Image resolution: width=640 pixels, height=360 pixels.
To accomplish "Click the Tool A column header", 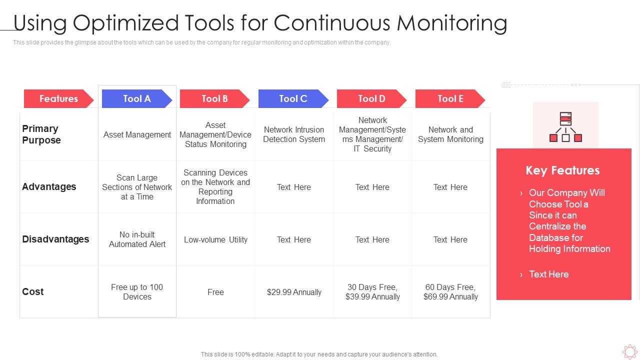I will [x=136, y=99].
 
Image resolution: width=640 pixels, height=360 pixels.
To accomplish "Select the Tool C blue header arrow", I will [x=293, y=99].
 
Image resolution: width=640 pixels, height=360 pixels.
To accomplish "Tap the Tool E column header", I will [x=450, y=99].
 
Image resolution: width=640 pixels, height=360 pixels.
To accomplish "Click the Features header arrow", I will [x=58, y=99].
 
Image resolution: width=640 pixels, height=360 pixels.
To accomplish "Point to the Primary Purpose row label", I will [x=41, y=134].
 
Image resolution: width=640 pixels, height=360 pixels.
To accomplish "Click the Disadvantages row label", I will [x=55, y=239].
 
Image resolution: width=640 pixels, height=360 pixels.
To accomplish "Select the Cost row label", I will [x=33, y=292].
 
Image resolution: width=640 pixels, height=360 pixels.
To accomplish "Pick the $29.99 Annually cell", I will [x=294, y=292].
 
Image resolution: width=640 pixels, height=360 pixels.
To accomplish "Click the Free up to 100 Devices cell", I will [x=137, y=292].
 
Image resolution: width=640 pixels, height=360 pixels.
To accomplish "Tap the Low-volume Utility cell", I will [x=215, y=240].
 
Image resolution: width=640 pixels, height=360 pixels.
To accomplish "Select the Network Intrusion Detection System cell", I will [x=294, y=134].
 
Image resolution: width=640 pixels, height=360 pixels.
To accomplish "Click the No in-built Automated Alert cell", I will [x=137, y=239].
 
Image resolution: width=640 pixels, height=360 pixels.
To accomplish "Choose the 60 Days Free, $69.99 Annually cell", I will [x=450, y=292].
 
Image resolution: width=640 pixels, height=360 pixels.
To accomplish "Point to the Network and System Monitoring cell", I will [x=450, y=134].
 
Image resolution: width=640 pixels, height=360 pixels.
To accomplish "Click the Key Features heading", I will [x=562, y=170].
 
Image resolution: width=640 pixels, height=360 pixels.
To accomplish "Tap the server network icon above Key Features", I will [x=565, y=127].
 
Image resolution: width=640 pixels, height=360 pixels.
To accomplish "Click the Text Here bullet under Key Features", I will [x=548, y=274].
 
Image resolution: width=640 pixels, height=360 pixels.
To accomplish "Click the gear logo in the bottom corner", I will [x=629, y=352].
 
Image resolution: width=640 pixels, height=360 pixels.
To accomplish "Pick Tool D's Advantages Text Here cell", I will [x=372, y=187].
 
